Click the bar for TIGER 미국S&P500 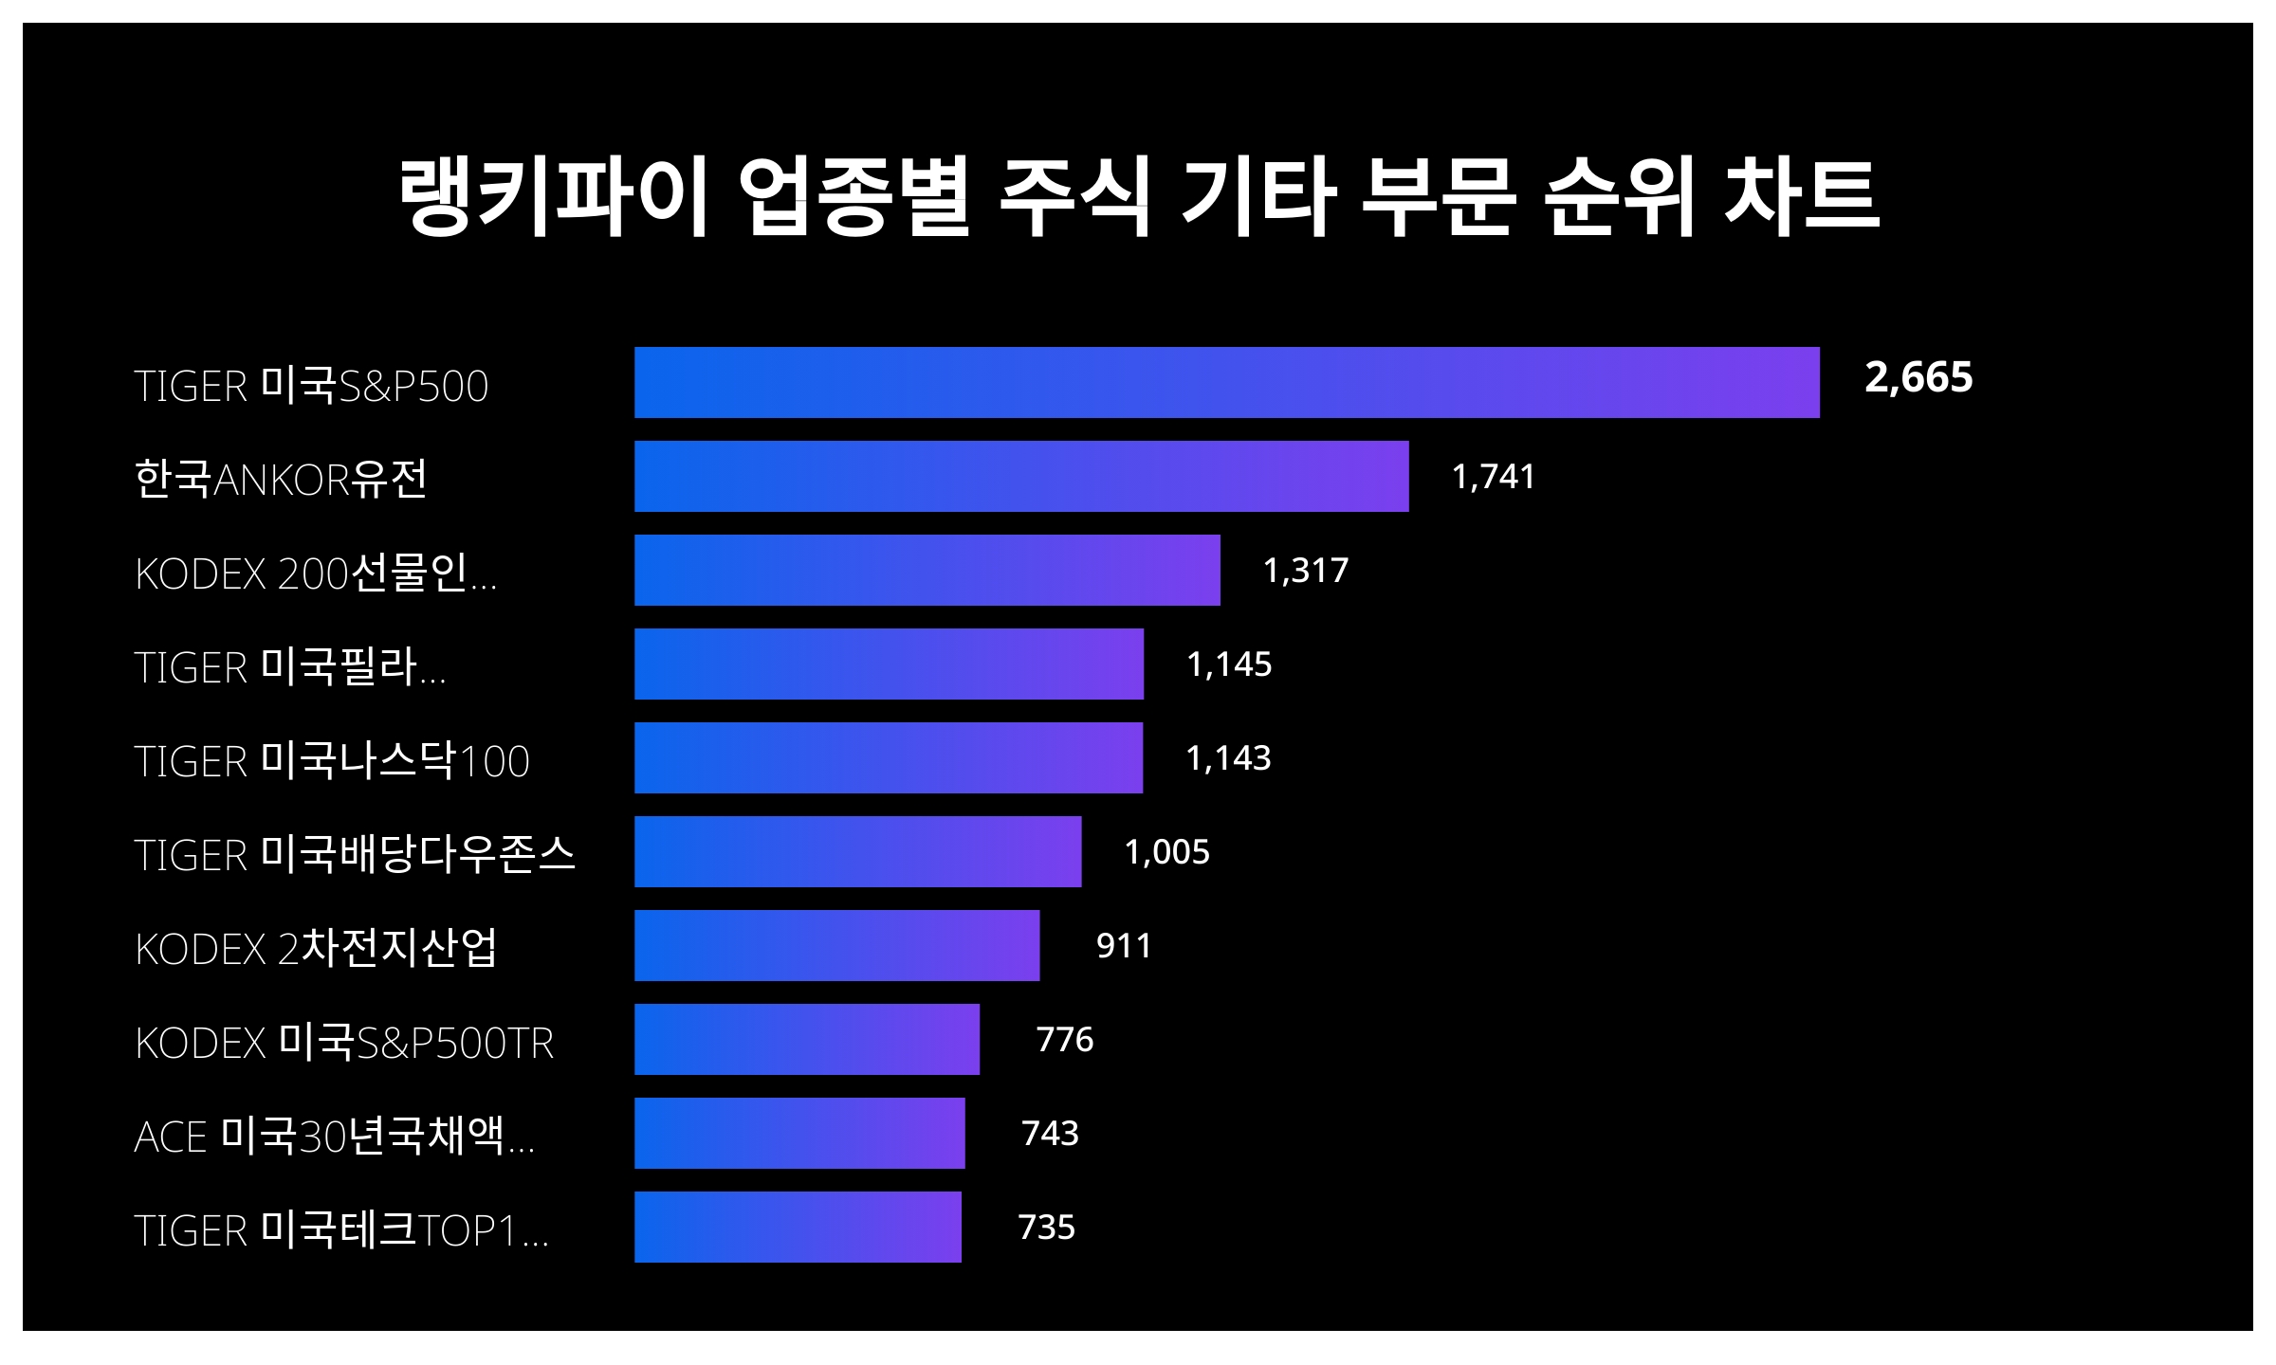pyautogui.click(x=1226, y=382)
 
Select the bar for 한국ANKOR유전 pyautogui.click(x=1021, y=476)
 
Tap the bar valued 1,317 pyautogui.click(x=927, y=570)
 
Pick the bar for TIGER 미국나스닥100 pyautogui.click(x=889, y=757)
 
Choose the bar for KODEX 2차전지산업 pyautogui.click(x=836, y=945)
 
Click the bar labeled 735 pyautogui.click(x=798, y=1227)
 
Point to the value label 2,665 pyautogui.click(x=1918, y=377)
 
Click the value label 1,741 pyautogui.click(x=1493, y=476)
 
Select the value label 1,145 pyautogui.click(x=1229, y=664)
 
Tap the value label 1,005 pyautogui.click(x=1166, y=851)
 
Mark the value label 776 pyautogui.click(x=1064, y=1039)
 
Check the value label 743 pyautogui.click(x=1050, y=1133)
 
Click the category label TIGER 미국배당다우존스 pyautogui.click(x=355, y=854)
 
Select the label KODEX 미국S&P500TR pyautogui.click(x=344, y=1042)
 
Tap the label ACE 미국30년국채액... pyautogui.click(x=334, y=1136)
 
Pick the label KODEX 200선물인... pyautogui.click(x=316, y=573)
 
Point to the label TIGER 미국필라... pyautogui.click(x=289, y=666)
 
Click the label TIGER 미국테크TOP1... pyautogui.click(x=341, y=1229)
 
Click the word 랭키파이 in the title pyautogui.click(x=553, y=196)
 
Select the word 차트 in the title pyautogui.click(x=1801, y=196)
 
